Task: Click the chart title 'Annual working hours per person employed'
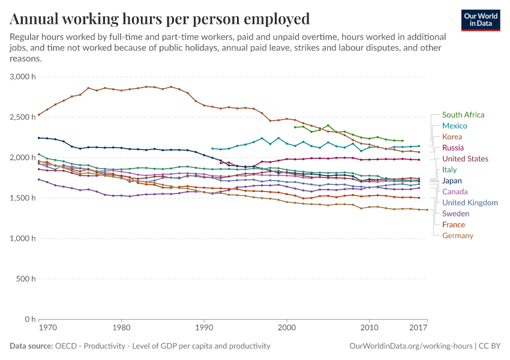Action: pos(160,19)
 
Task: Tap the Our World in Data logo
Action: pos(480,20)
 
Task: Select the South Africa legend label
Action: pos(463,115)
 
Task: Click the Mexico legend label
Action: pos(455,126)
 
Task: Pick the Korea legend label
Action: pos(452,137)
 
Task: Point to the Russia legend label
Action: pos(453,148)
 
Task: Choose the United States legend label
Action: pos(465,159)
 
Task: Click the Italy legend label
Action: pos(449,170)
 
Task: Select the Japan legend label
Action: pos(452,181)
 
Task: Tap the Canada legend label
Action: pos(455,191)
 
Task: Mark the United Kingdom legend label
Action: pos(470,203)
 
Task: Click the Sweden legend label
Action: pos(455,214)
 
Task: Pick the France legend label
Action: pos(453,224)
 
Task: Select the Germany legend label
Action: pos(457,236)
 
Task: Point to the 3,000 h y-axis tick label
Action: pos(23,77)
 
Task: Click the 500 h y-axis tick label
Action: pos(26,279)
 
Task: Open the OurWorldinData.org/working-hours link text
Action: pos(411,346)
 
